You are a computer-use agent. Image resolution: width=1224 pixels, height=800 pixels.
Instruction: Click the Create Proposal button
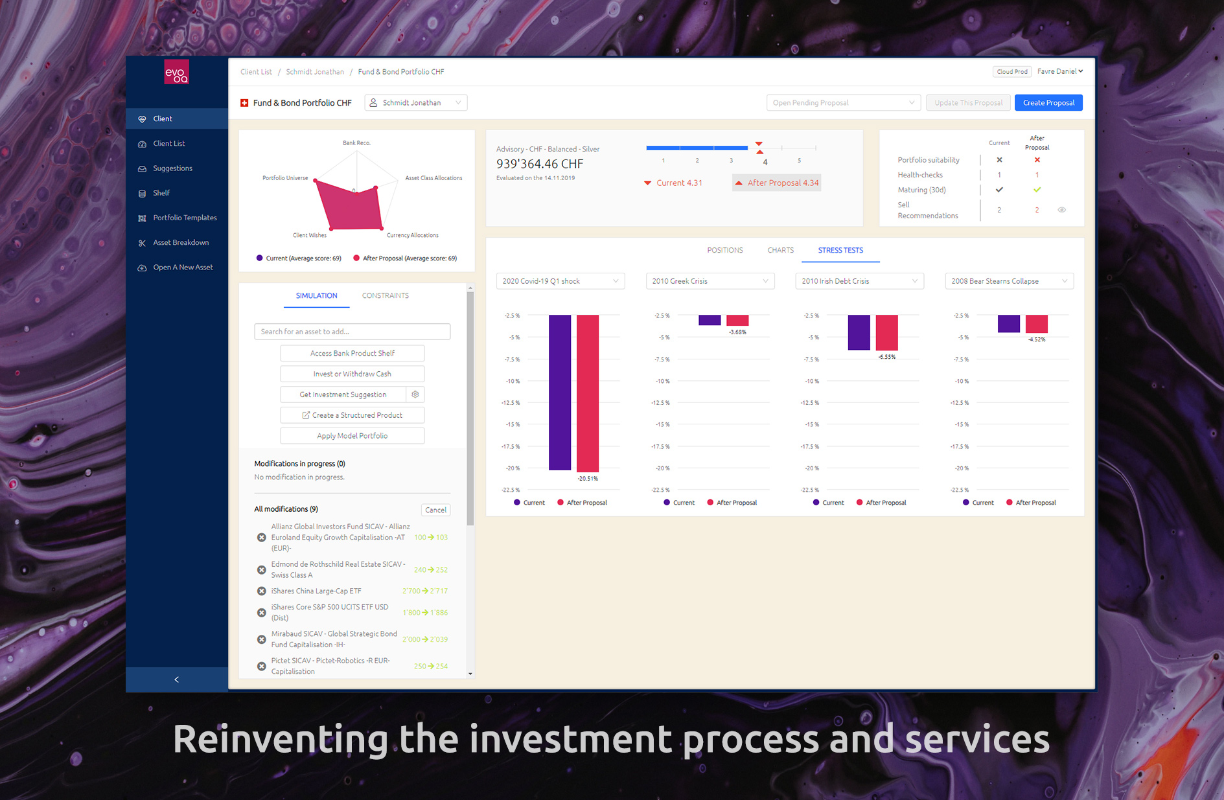pos(1048,103)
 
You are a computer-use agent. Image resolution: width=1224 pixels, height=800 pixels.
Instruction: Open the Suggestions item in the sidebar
pos(172,168)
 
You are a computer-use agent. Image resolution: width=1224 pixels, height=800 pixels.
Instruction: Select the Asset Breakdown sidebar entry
pos(181,243)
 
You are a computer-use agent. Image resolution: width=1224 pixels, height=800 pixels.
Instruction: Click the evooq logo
pos(176,73)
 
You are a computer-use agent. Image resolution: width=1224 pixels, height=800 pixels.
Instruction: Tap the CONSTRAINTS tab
pos(385,296)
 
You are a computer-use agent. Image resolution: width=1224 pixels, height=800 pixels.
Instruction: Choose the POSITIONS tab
pos(724,250)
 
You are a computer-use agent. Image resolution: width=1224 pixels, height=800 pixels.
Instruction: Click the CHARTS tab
pos(780,250)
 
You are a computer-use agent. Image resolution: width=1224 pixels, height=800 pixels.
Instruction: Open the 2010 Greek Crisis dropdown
pos(710,281)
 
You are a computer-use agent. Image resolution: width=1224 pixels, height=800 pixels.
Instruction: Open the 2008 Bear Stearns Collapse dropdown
pos(1009,281)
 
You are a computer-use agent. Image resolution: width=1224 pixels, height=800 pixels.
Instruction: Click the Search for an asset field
pos(352,332)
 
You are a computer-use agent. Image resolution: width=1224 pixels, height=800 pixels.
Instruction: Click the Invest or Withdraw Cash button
pos(352,374)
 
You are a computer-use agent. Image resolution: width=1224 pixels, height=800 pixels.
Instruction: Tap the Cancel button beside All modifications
pos(435,510)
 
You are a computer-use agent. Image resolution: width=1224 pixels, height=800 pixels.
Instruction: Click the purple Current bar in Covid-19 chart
pos(560,393)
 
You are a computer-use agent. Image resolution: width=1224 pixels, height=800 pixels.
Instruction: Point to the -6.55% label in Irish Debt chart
pos(886,357)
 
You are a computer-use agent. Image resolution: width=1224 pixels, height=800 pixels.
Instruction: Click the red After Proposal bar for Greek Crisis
pos(737,321)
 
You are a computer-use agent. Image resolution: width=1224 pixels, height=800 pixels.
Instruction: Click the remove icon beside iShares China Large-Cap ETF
pos(262,591)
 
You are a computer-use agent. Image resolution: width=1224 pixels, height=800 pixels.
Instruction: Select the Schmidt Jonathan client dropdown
pos(416,103)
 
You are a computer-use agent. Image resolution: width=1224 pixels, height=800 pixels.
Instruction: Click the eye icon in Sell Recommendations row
pos(1061,210)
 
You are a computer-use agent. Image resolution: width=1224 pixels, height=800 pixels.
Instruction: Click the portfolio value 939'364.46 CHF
pos(540,164)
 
